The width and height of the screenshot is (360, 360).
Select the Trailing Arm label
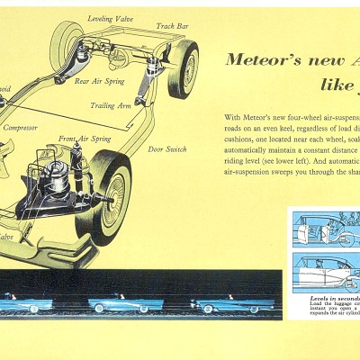pyautogui.click(x=112, y=105)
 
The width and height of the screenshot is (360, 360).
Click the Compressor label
pyautogui.click(x=20, y=128)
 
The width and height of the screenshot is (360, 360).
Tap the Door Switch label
pyautogui.click(x=166, y=148)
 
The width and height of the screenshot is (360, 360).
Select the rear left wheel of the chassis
pyautogui.click(x=65, y=40)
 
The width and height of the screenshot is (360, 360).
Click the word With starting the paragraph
pyautogui.click(x=232, y=118)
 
